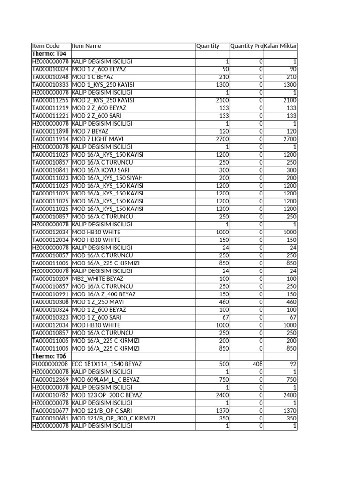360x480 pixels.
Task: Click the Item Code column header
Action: tap(45, 46)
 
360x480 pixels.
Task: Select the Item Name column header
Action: tap(86, 46)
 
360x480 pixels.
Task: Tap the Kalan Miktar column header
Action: tap(280, 46)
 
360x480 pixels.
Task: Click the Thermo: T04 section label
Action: tap(45, 54)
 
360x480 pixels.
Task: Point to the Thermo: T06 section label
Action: tap(45, 356)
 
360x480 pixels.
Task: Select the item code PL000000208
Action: tap(51, 364)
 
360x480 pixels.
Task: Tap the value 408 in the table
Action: tap(257, 364)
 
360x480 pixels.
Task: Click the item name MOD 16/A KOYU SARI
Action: tap(101, 170)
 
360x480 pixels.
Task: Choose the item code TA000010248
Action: tap(51, 77)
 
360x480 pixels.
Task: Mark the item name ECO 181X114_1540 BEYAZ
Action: tap(107, 364)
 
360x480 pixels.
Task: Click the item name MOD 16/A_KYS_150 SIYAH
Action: tap(107, 178)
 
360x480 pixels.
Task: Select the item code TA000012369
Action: tap(51, 379)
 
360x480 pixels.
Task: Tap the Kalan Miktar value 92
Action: tap(292, 364)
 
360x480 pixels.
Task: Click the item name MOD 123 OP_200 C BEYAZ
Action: tap(107, 395)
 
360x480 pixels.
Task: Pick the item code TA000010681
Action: tap(51, 418)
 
